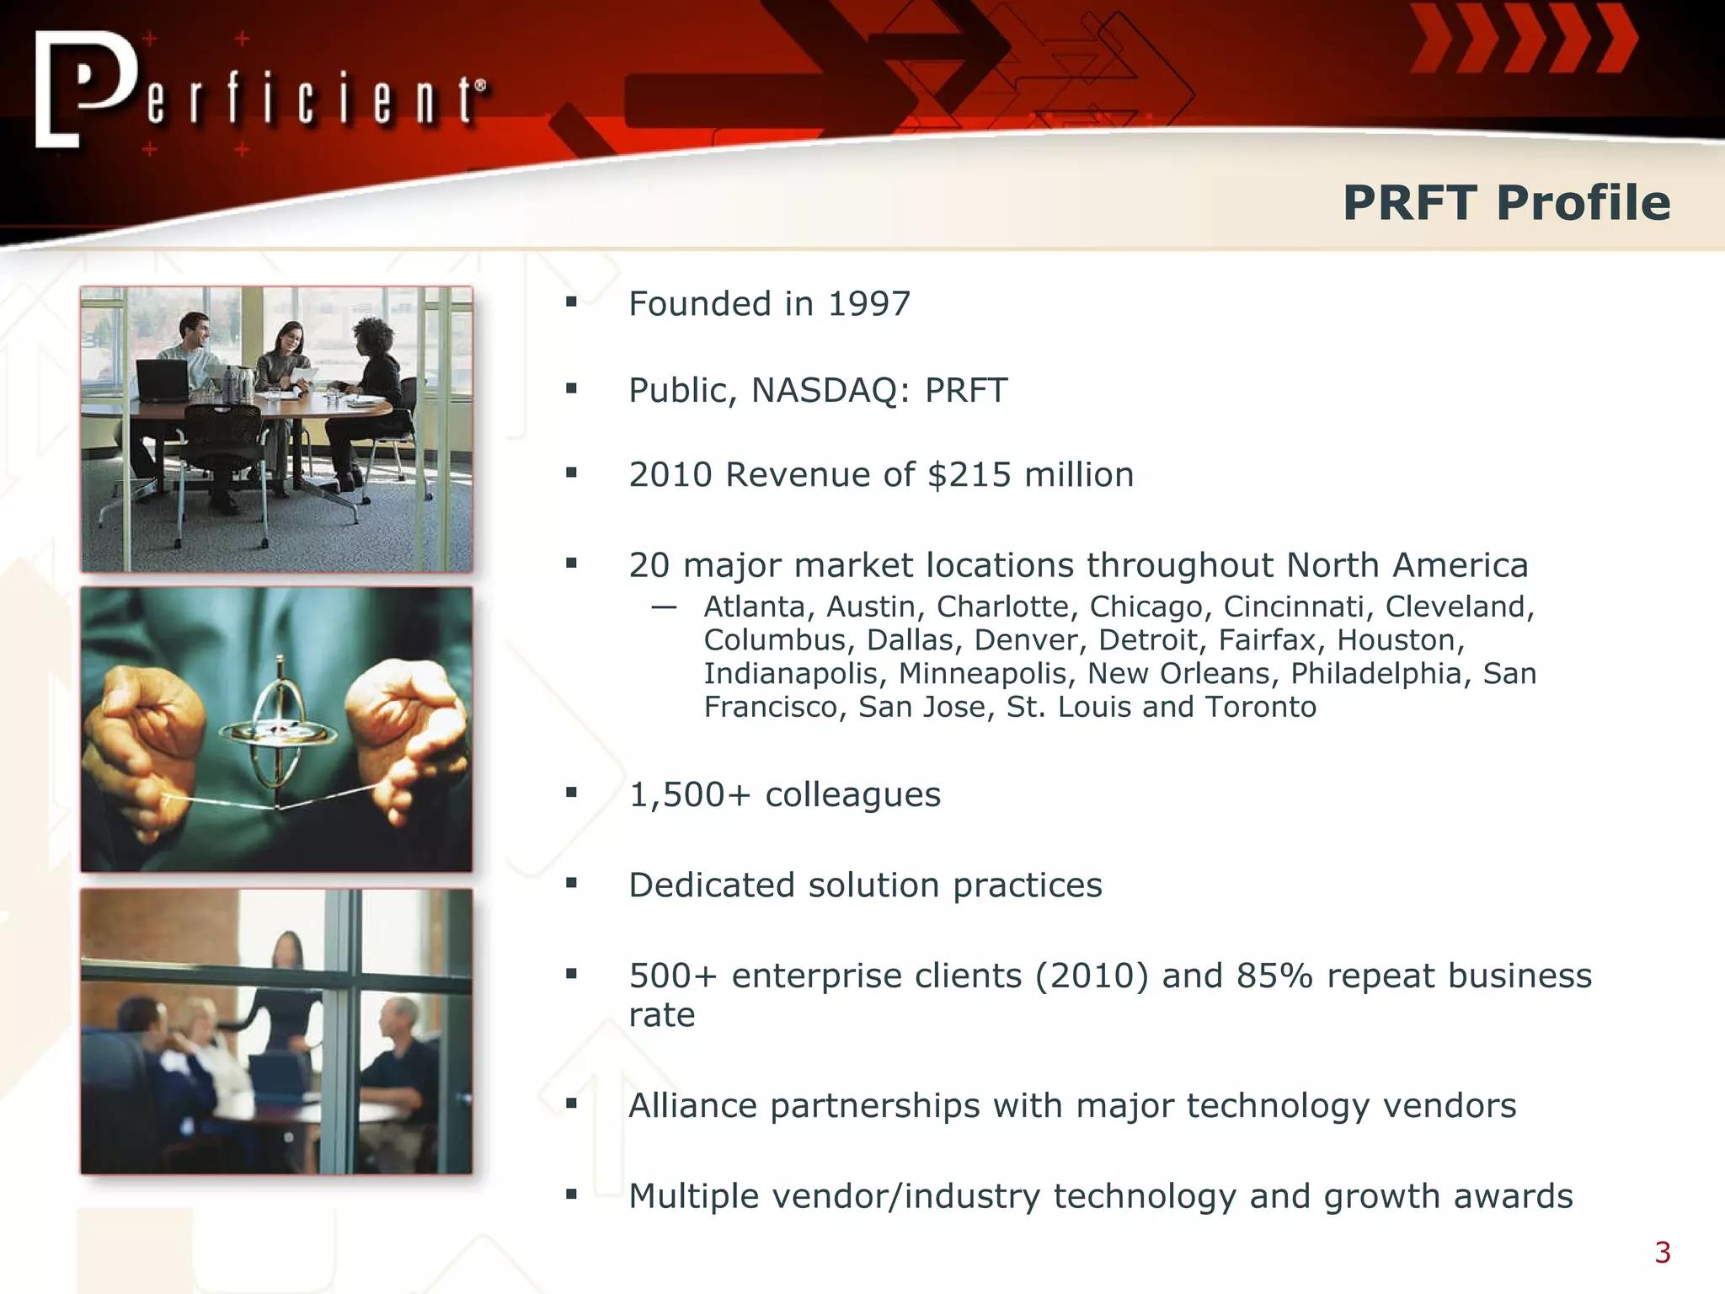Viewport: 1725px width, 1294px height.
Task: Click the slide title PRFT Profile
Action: (x=1506, y=203)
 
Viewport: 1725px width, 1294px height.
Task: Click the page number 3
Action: (x=1662, y=1253)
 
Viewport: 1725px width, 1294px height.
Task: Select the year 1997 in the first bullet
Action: (x=868, y=304)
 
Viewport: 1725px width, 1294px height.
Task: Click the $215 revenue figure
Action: (x=969, y=475)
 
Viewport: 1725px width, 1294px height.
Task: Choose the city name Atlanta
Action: (x=755, y=607)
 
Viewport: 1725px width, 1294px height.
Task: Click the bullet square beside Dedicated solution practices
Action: (x=572, y=883)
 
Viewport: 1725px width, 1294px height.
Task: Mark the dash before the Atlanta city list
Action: (x=664, y=607)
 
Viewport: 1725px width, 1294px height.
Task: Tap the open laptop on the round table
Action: (x=162, y=381)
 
